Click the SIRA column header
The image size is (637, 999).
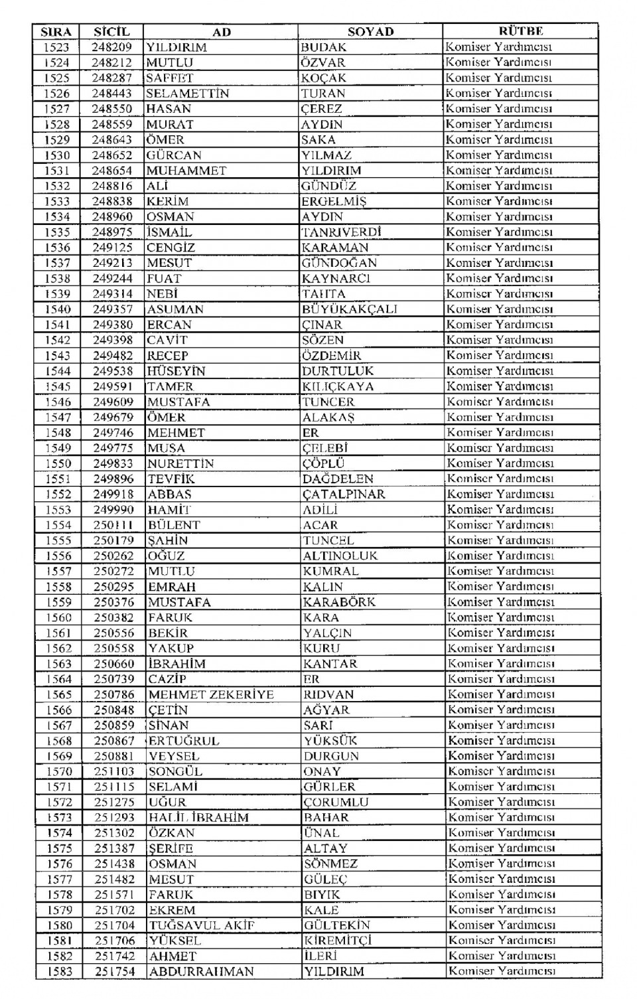(56, 32)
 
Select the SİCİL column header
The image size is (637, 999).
(111, 32)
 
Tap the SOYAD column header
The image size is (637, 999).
(370, 32)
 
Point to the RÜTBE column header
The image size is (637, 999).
(520, 31)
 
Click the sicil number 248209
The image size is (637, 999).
(111, 47)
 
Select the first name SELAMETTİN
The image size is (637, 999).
(187, 94)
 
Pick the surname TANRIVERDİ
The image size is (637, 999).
(341, 232)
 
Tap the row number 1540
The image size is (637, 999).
(58, 309)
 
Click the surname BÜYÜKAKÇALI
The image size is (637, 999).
(349, 309)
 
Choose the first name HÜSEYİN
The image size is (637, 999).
(177, 371)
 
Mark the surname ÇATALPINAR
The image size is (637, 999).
(344, 495)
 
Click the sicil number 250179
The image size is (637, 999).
(113, 540)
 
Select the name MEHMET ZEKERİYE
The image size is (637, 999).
(211, 695)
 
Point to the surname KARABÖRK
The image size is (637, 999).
(339, 603)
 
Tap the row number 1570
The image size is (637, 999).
(59, 771)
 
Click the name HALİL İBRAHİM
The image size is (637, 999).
(198, 818)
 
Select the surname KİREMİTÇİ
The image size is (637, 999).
(338, 941)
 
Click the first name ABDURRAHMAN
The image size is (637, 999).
(201, 972)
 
